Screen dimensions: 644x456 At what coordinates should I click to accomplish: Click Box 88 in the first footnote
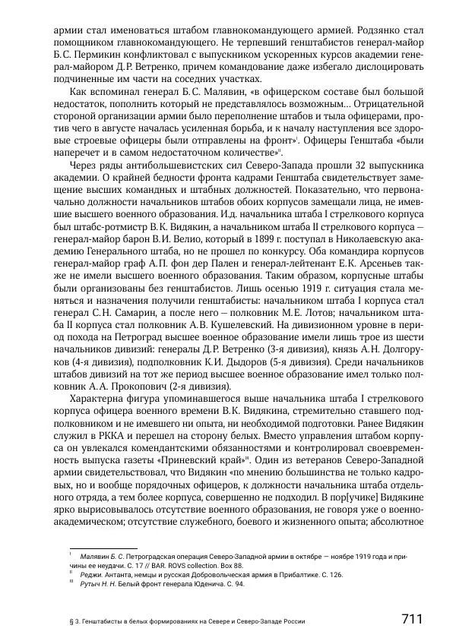click(233, 565)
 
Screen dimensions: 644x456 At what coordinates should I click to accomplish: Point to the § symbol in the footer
click(71, 621)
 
